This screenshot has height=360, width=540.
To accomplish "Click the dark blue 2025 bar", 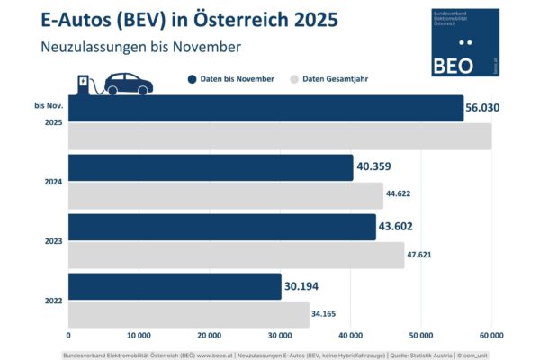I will pos(265,108).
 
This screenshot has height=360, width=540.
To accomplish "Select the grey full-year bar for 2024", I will pos(225,195).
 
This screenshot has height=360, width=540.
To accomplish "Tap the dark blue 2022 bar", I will pos(175,287).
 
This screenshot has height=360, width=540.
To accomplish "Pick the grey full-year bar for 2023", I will pos(236,255).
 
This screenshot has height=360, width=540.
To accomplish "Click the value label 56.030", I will pos(482,108).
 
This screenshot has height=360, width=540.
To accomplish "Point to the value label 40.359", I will pos(376,166).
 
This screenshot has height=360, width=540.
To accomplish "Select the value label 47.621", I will pos(425,256).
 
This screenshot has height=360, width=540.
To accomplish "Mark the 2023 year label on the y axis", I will pos(53,240).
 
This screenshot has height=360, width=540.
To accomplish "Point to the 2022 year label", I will pos(53,300).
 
